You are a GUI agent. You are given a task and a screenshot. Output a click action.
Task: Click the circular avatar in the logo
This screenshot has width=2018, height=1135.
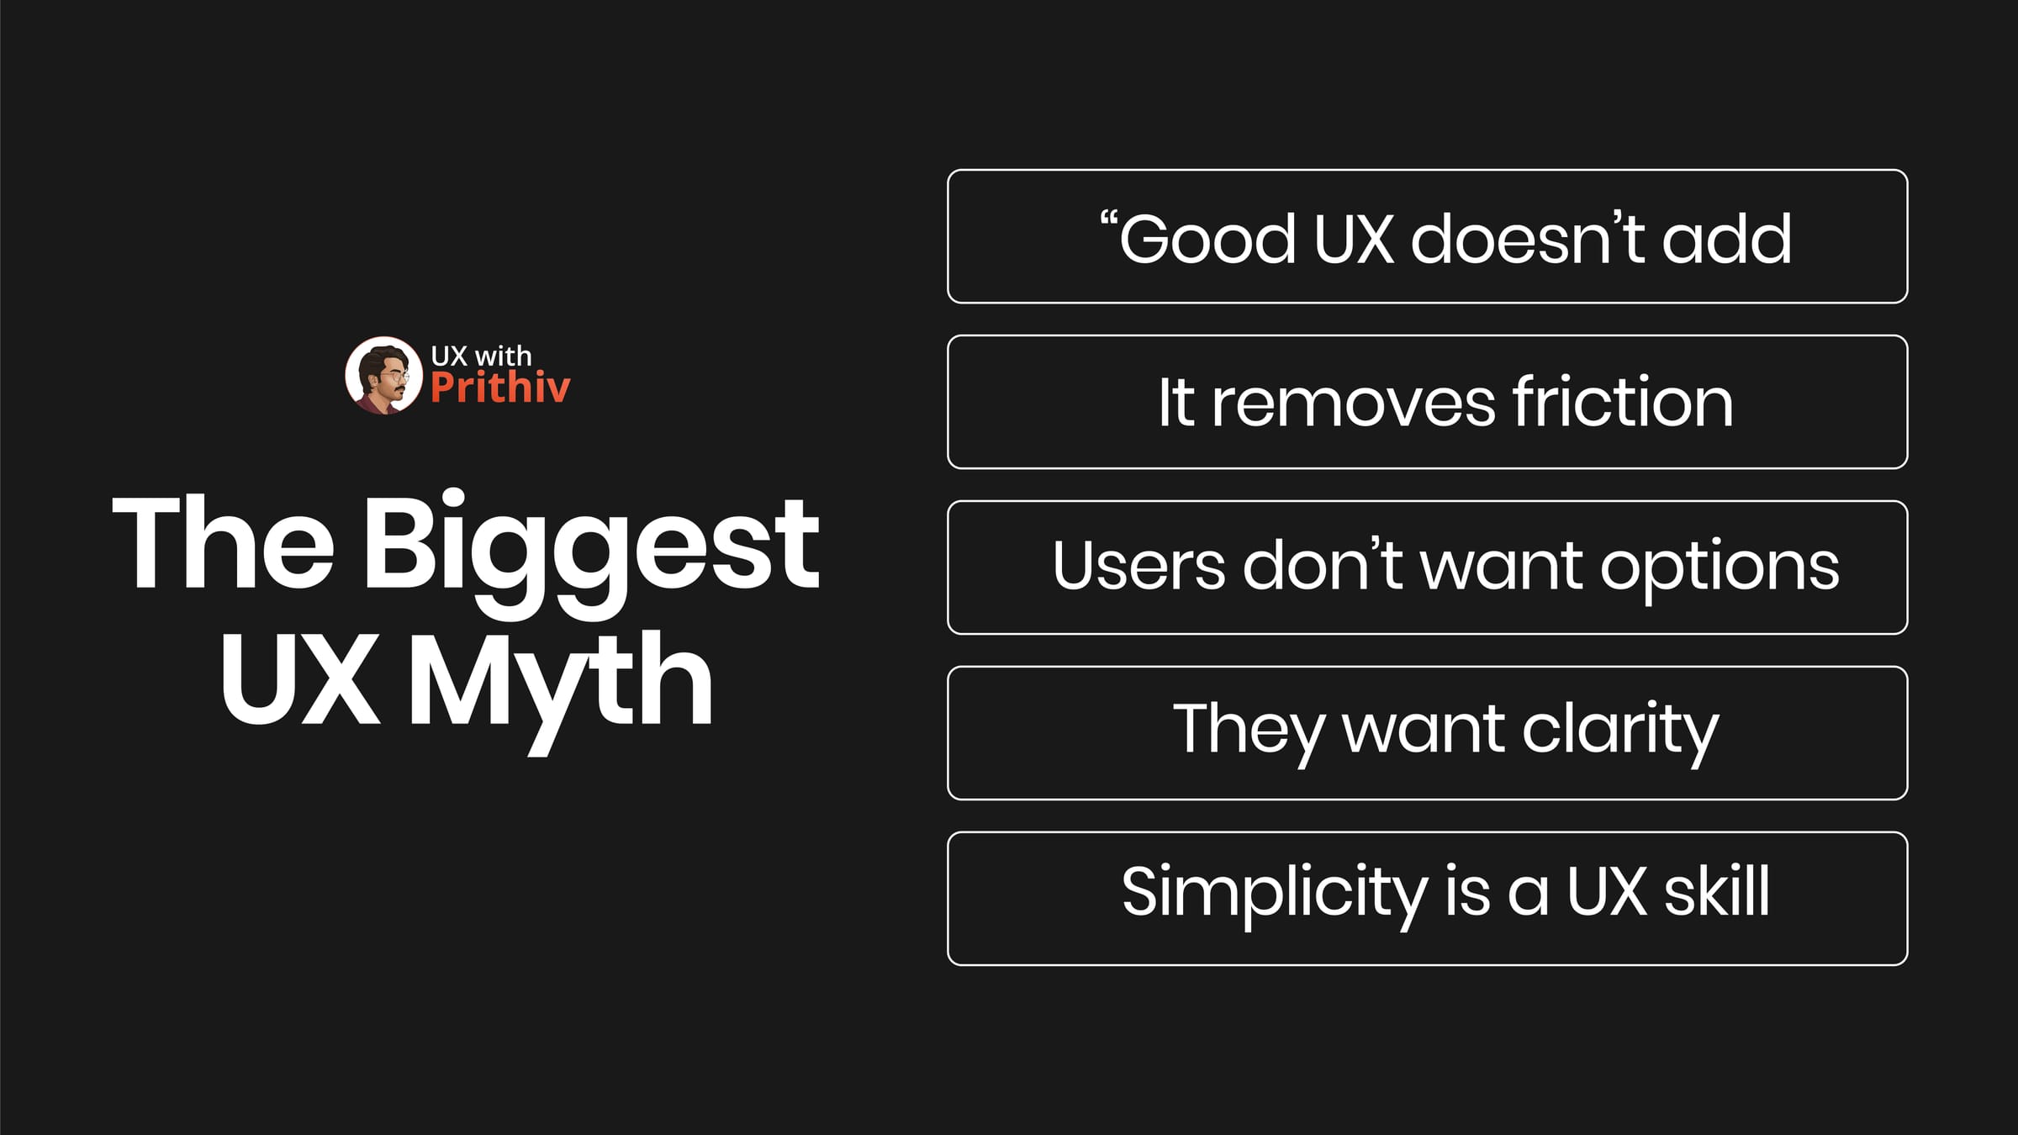[x=383, y=376]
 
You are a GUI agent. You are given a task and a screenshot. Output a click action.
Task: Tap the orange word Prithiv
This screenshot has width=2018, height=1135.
[x=500, y=388]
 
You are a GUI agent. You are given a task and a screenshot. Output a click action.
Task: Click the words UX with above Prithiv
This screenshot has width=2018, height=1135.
[x=481, y=356]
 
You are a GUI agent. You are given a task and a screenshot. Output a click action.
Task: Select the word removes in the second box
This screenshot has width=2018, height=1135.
[x=1353, y=404]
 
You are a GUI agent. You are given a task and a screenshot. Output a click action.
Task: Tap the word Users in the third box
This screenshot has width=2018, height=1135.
[x=1138, y=566]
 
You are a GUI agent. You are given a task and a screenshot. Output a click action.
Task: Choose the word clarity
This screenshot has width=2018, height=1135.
[x=1619, y=730]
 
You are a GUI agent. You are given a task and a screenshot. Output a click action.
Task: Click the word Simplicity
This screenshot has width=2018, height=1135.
[x=1274, y=893]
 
